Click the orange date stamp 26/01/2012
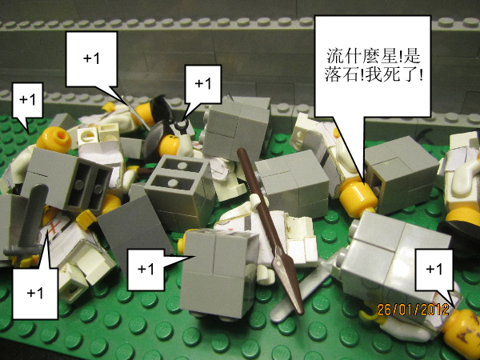click(413, 310)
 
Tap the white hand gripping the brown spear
click(257, 202)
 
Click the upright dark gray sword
click(28, 222)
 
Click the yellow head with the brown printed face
click(462, 333)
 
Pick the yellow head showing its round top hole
click(54, 139)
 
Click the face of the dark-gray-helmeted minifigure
click(168, 145)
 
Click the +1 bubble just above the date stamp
click(434, 270)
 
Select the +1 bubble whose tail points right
click(146, 270)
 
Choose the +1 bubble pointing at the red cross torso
click(35, 292)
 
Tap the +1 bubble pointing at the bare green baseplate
click(27, 100)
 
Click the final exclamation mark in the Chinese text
click(422, 74)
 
